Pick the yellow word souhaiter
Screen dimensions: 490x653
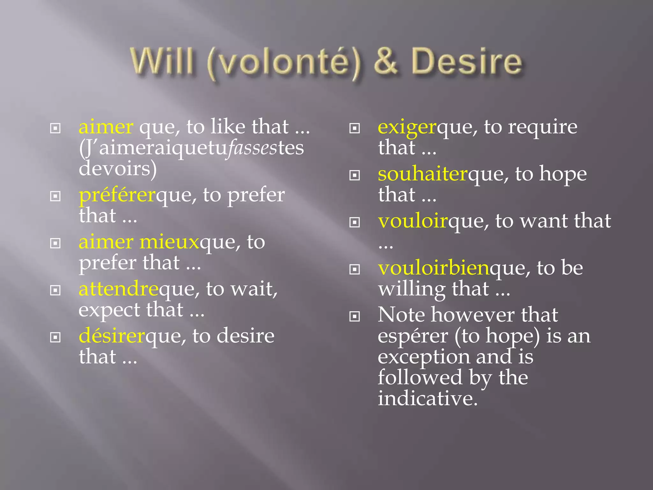[x=422, y=174]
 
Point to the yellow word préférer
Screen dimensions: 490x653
[x=117, y=196]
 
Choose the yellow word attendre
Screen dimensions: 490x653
[x=118, y=289]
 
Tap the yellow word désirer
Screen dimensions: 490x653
[x=112, y=336]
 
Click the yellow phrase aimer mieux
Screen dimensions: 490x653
[x=139, y=242]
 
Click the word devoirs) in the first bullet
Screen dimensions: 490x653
[x=118, y=169]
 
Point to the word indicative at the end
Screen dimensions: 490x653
[x=428, y=398]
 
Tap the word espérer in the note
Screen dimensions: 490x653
[x=413, y=337]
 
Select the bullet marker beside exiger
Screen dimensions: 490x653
[x=355, y=129]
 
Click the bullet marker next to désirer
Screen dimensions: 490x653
[x=55, y=337]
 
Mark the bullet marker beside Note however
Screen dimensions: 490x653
[x=355, y=316]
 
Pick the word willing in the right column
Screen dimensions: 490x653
[x=411, y=289]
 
